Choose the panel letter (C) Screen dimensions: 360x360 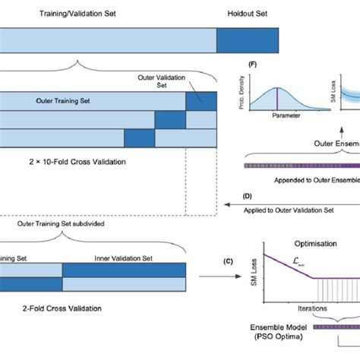click(x=228, y=262)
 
